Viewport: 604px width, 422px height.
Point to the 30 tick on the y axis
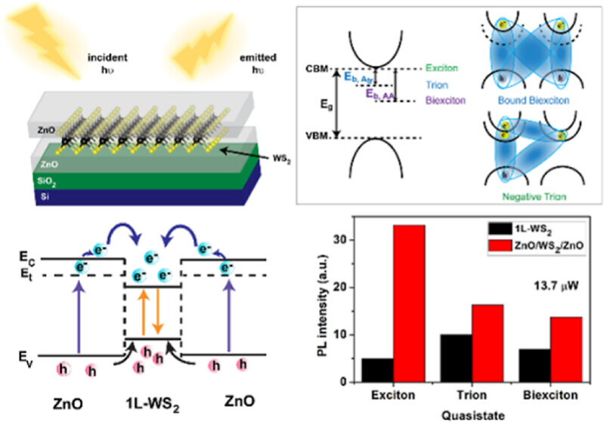coord(348,239)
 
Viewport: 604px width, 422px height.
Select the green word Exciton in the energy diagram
coord(441,67)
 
